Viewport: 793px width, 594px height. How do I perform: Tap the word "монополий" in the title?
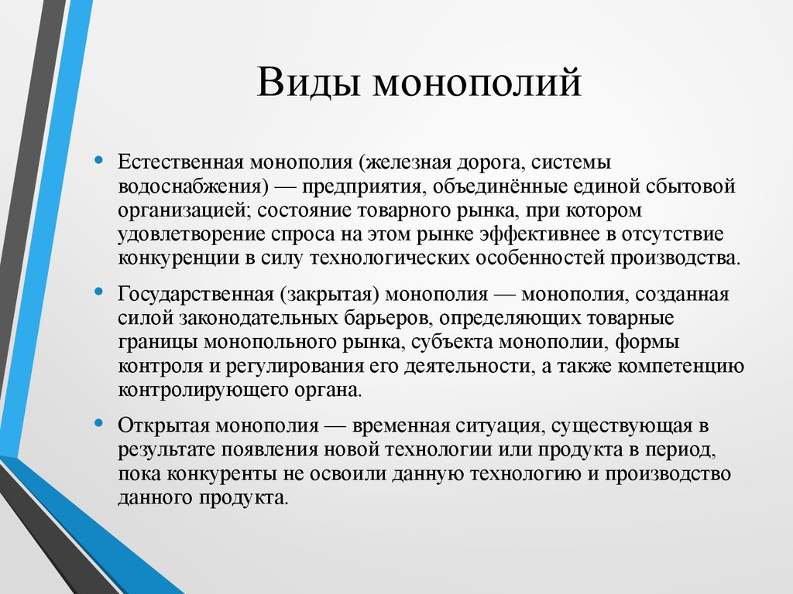[477, 83]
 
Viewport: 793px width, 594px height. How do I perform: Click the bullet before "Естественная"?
[98, 161]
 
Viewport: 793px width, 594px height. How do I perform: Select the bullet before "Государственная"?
[98, 292]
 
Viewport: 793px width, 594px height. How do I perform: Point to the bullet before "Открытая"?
[98, 423]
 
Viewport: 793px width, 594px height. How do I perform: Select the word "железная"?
[408, 163]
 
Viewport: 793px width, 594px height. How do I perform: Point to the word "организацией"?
[184, 210]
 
